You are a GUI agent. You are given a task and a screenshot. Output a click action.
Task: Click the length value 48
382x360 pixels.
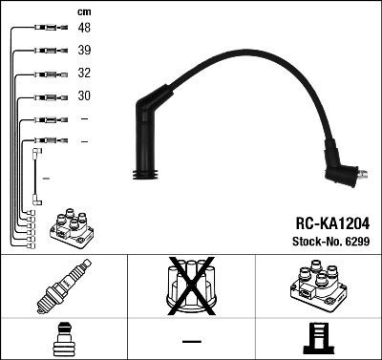coord(85,29)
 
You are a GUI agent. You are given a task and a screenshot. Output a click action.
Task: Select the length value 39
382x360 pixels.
coord(85,52)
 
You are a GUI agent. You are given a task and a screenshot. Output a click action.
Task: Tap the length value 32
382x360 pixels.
coord(85,74)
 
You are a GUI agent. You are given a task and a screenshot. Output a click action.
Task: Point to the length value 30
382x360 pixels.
coord(85,96)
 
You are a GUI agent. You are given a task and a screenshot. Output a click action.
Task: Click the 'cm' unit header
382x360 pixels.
coord(84,11)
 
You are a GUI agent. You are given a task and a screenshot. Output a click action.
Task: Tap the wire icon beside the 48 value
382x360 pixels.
coord(47,29)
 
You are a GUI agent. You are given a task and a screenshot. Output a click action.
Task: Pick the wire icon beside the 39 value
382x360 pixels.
coord(47,52)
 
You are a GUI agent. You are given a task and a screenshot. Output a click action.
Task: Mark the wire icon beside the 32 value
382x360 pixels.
coord(48,74)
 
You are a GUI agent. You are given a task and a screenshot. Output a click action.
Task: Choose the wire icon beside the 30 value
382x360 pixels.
coord(48,96)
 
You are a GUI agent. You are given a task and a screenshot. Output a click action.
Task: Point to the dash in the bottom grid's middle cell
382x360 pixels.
coord(191,340)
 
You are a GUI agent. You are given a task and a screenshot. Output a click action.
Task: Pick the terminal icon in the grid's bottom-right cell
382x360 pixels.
coord(318,338)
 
